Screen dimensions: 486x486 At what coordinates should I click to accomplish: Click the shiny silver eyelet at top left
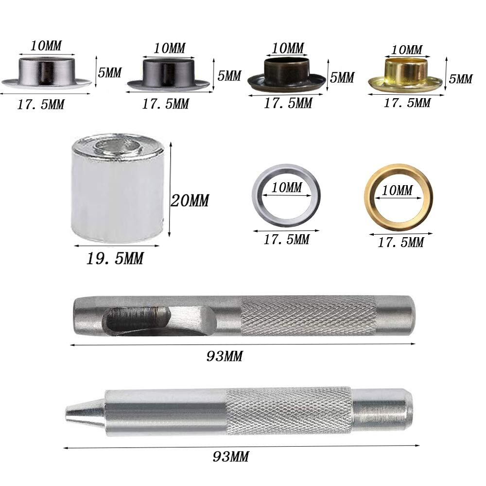pos(47,73)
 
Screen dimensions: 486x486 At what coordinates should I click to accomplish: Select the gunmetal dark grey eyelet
pos(169,74)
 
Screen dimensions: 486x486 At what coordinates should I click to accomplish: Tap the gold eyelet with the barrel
pos(405,74)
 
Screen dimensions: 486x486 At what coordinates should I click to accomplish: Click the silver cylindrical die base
pos(118,188)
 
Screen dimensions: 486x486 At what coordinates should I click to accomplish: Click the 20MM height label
pos(190,201)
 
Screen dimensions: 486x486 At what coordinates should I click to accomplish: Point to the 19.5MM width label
pos(115,258)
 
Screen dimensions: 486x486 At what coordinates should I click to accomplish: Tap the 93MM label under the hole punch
pos(225,356)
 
